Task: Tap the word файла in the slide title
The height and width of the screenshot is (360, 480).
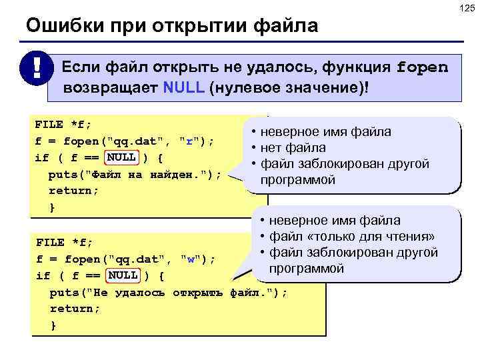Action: (x=286, y=27)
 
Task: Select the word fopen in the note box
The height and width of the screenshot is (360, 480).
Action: (x=422, y=67)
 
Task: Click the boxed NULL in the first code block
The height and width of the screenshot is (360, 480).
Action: (x=122, y=157)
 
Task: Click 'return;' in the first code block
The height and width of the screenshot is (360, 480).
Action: (x=73, y=191)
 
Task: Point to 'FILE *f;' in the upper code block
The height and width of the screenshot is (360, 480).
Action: (x=63, y=124)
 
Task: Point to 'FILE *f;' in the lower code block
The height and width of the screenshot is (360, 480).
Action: (x=64, y=242)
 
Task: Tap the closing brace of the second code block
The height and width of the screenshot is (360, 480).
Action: (x=53, y=325)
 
